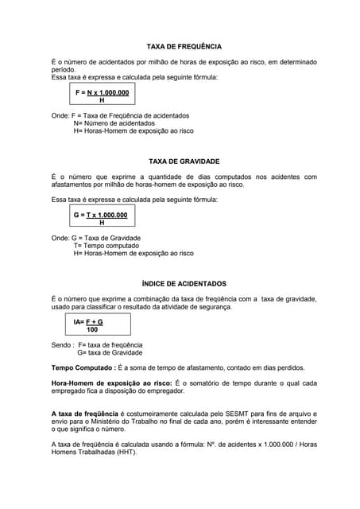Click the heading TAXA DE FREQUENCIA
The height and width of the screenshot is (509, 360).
point(184,47)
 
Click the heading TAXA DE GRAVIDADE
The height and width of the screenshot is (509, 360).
point(184,161)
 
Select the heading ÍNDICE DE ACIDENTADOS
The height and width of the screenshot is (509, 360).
point(184,283)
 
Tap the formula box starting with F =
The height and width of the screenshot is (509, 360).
point(102,97)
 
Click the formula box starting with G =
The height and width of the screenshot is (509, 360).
point(101,219)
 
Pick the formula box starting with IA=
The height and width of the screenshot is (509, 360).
point(89,325)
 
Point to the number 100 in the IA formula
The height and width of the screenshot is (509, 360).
point(92,329)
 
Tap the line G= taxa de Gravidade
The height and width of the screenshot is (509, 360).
point(110,352)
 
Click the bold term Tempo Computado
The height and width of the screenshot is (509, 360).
point(83,367)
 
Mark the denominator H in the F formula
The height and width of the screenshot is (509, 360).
point(102,101)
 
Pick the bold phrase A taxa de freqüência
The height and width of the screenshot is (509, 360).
point(85,414)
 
